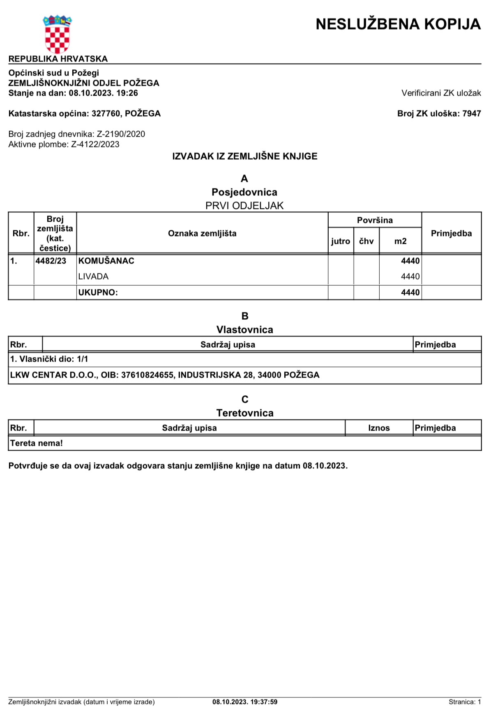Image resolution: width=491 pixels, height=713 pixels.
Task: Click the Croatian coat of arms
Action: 57,34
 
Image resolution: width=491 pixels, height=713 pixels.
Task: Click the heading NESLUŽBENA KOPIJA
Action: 398,24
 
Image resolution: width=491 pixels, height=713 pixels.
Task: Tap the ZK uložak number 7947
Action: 471,114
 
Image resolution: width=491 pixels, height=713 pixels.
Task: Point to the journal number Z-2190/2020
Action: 121,134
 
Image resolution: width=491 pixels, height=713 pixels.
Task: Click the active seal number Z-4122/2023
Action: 95,144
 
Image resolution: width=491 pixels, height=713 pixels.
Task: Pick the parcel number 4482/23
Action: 51,261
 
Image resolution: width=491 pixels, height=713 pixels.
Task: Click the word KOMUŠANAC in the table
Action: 106,261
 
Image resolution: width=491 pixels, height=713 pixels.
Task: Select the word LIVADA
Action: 93,277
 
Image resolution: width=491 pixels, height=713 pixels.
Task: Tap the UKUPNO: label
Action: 98,293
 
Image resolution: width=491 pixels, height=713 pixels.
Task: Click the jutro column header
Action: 341,241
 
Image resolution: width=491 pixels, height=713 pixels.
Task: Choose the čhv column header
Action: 366,241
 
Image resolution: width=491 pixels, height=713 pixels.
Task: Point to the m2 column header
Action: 400,241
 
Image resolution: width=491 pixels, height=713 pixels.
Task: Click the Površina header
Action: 375,220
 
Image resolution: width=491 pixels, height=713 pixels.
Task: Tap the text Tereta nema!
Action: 37,443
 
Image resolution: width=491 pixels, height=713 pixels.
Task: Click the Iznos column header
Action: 379,428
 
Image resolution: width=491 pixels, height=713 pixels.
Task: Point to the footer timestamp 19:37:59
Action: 264,702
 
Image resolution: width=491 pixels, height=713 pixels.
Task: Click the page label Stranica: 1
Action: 464,702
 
